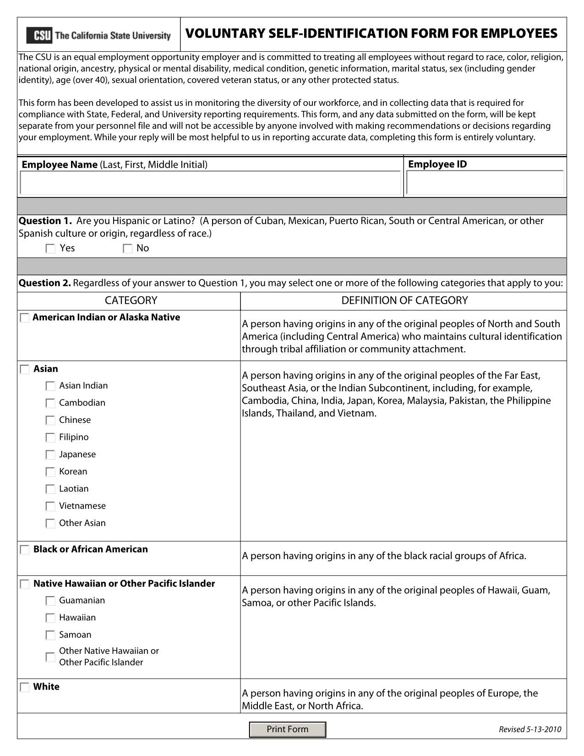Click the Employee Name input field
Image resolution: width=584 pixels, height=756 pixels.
coord(210,183)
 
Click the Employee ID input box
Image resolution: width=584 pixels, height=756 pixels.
coord(485,183)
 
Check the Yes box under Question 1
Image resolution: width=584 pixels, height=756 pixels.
coord(50,249)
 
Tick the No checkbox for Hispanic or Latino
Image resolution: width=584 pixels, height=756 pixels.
coord(127,249)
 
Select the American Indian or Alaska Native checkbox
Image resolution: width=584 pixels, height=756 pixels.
coord(25,318)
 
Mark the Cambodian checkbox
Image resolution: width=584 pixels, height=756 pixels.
coord(50,403)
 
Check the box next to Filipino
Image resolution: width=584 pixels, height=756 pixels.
coord(50,438)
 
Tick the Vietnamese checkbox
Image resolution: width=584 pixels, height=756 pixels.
coord(50,506)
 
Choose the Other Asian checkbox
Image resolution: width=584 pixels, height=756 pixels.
coord(50,523)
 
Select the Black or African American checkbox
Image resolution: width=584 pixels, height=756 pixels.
coord(25,550)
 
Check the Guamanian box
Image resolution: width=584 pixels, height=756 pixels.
coord(50,601)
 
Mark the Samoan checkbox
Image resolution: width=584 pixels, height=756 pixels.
coord(50,635)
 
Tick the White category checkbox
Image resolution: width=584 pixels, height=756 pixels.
coord(25,687)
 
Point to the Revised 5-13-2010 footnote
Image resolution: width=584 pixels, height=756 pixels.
coord(529,729)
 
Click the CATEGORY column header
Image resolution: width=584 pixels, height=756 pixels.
coord(131,301)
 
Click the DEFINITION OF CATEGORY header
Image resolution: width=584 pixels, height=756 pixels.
coord(404,301)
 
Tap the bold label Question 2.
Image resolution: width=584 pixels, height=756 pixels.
coord(44,283)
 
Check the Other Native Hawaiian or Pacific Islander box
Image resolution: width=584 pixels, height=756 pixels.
coord(50,657)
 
